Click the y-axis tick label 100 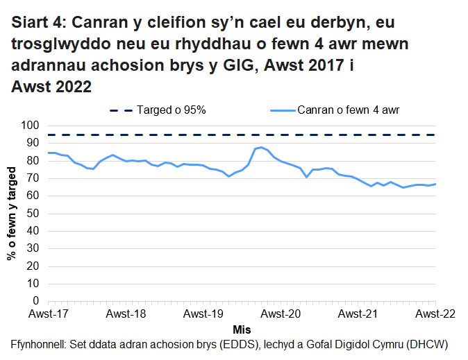coord(30,126)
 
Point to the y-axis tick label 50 coord(33,214)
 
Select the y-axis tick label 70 coord(33,178)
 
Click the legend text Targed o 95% coord(171,110)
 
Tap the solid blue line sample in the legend coord(281,110)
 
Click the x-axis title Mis coord(242,328)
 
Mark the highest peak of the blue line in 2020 coord(262,147)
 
